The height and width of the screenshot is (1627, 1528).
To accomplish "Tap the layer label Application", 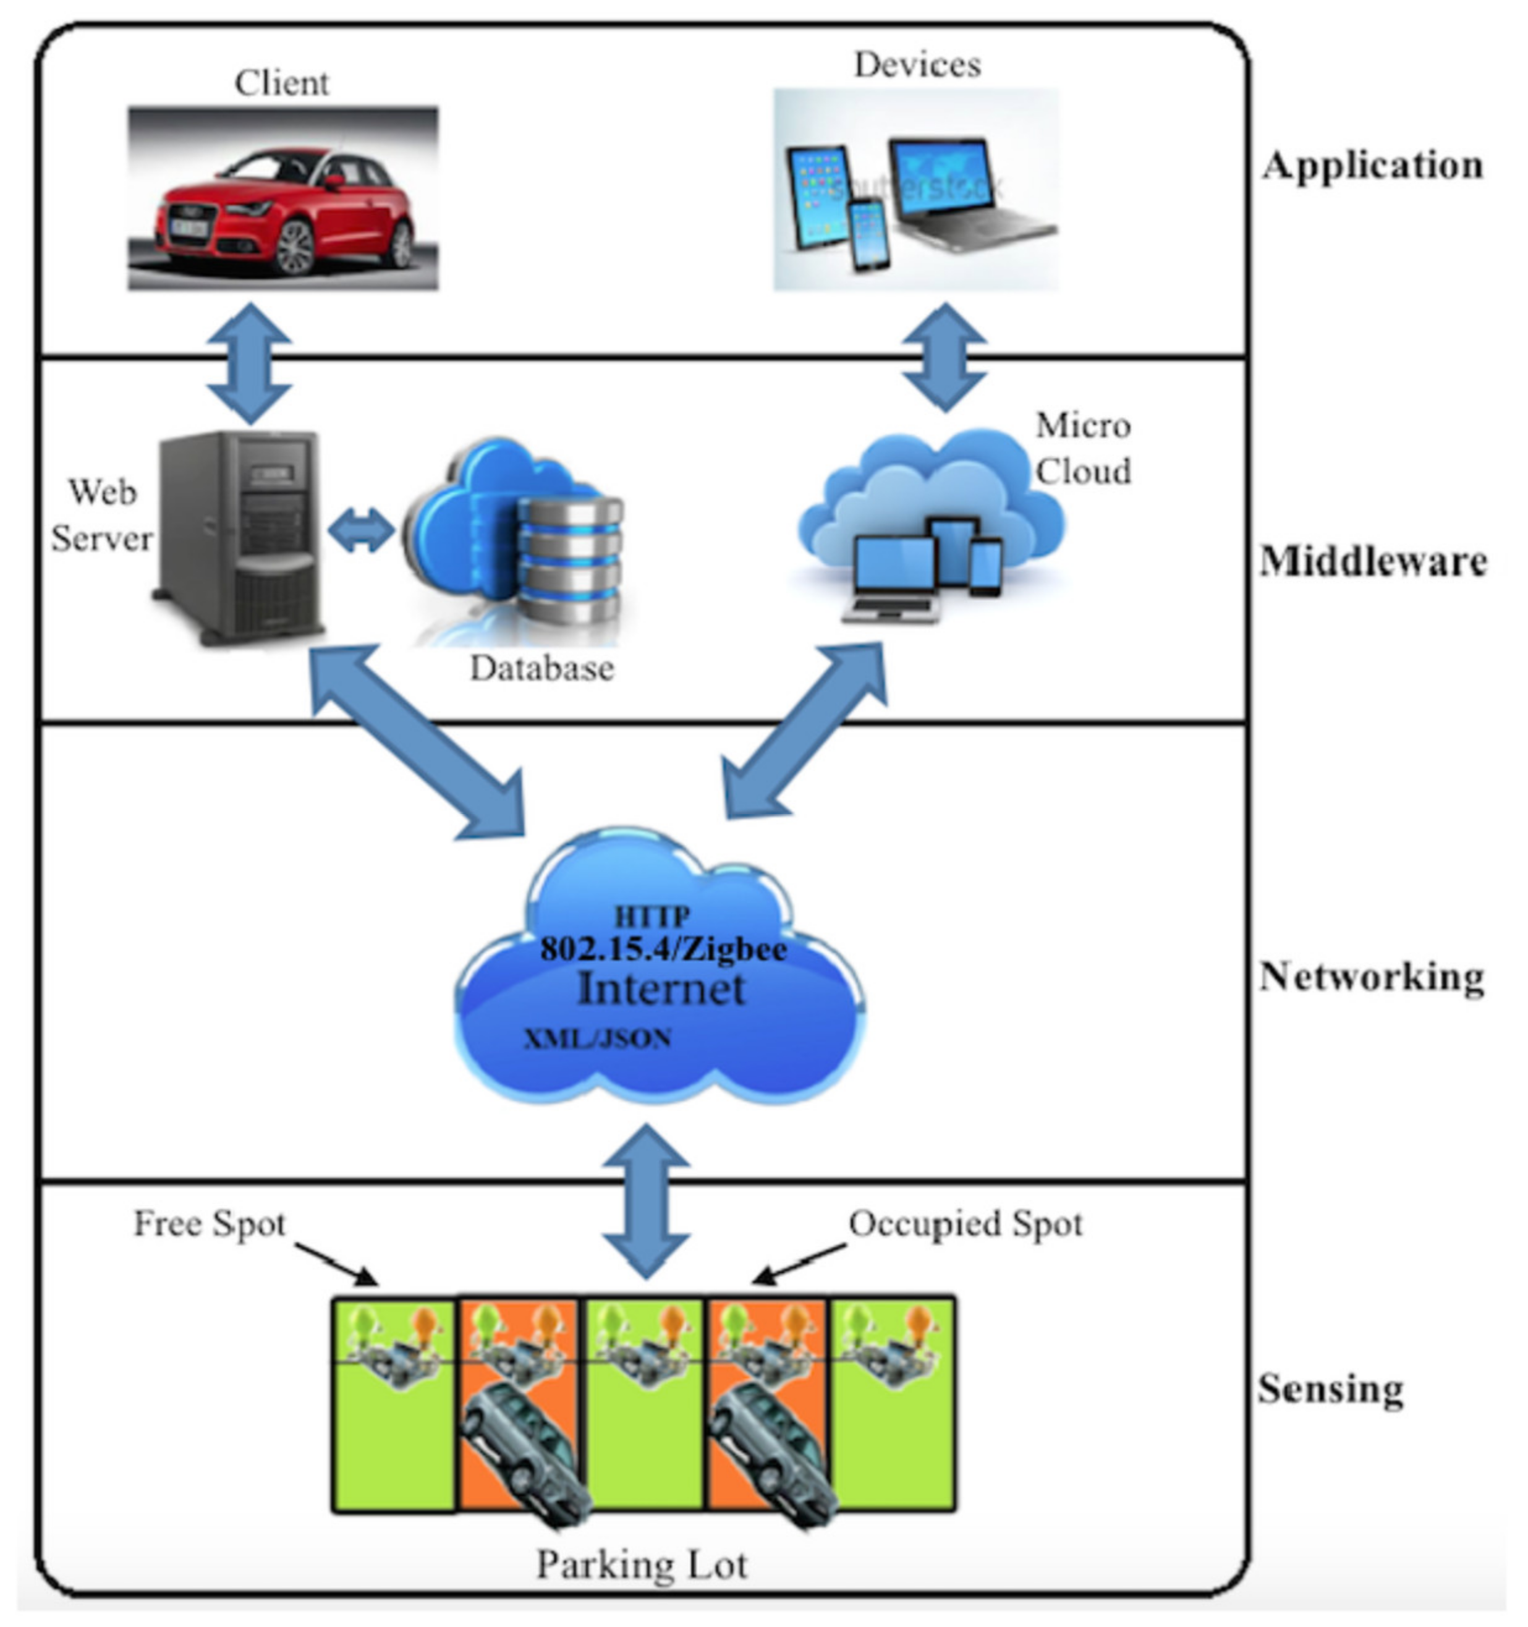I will tap(1372, 165).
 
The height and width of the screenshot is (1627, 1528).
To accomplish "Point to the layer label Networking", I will tap(1371, 976).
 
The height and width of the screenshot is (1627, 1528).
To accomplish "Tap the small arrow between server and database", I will tap(361, 531).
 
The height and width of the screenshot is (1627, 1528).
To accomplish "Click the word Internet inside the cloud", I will tap(661, 988).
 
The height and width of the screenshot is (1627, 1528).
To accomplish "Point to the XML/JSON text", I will tap(598, 1039).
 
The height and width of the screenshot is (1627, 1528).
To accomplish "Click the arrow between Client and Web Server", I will tap(249, 363).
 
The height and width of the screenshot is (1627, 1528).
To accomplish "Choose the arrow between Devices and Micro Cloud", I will tap(944, 357).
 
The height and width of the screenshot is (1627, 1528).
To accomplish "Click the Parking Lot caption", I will tap(641, 1564).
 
